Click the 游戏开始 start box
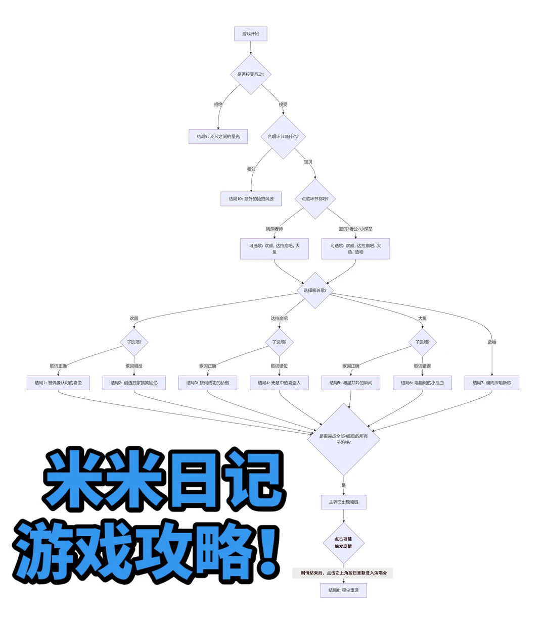pyautogui.click(x=250, y=34)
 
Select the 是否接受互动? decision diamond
pyautogui.click(x=250, y=74)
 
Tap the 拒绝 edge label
pyautogui.click(x=218, y=105)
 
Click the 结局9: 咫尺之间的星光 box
pyautogui.click(x=218, y=136)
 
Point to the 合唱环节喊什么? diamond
pyautogui.click(x=283, y=136)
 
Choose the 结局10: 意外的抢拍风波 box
pyautogui.click(x=251, y=198)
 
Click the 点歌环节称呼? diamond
pyautogui.click(x=315, y=198)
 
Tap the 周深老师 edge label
pyautogui.click(x=275, y=229)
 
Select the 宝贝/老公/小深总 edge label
pyautogui.click(x=355, y=229)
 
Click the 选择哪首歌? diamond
pyautogui.click(x=315, y=290)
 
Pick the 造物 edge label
pyautogui.click(x=491, y=342)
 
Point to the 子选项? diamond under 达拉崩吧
pyautogui.click(x=279, y=342)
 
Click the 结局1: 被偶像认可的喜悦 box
pyautogui.click(x=58, y=383)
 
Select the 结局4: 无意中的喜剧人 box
pyautogui.click(x=279, y=383)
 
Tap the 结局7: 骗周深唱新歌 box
pyautogui.click(x=491, y=383)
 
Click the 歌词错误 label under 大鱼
pyautogui.click(x=422, y=366)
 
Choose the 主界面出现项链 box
pyautogui.click(x=343, y=502)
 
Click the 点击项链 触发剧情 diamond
pyautogui.click(x=343, y=543)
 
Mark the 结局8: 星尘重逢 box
pyautogui.click(x=343, y=590)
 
